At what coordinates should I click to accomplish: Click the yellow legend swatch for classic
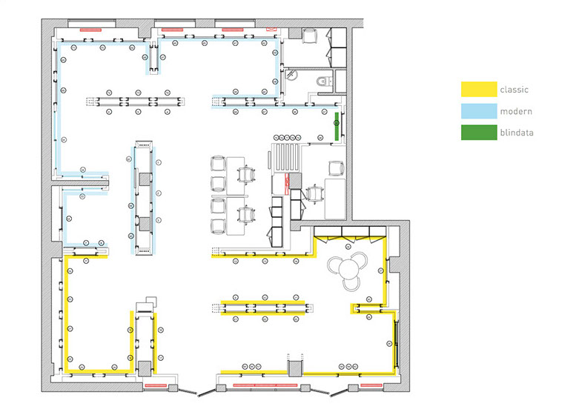pyautogui.click(x=477, y=90)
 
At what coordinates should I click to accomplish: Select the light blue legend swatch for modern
pyautogui.click(x=477, y=111)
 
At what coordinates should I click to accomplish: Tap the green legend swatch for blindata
pyautogui.click(x=477, y=133)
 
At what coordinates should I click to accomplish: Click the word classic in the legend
pyautogui.click(x=514, y=90)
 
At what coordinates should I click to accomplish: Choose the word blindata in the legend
pyautogui.click(x=518, y=133)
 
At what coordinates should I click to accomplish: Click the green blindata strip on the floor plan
pyautogui.click(x=337, y=126)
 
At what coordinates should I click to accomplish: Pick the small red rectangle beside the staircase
pyautogui.click(x=282, y=182)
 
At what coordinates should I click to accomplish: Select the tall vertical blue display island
pyautogui.click(x=144, y=196)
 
